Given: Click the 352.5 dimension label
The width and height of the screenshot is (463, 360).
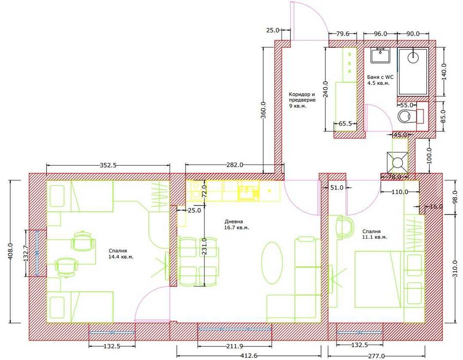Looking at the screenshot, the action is coord(108,165).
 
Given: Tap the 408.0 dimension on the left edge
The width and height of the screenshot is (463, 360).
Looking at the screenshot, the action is coord(10,251).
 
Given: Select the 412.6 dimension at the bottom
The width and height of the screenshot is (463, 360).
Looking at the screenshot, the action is coord(248,355).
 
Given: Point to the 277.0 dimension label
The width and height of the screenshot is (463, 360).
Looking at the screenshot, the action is coord(376,356).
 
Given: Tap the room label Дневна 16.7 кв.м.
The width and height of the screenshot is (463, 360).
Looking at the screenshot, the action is coord(236,225).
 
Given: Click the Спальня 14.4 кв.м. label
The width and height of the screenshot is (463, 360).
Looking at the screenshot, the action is coord(121,254).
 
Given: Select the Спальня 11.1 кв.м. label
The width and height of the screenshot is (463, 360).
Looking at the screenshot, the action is coord(375,234).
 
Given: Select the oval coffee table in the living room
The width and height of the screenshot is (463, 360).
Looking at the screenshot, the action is coord(272,263).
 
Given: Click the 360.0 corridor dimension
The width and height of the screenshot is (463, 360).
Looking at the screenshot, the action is coord(264,110).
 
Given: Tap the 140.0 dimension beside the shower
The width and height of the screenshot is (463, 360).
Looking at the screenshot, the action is coord(444,71).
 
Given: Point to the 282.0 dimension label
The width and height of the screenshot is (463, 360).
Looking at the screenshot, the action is coord(234,165).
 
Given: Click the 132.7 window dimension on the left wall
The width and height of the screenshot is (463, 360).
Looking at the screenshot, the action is coord(25,254).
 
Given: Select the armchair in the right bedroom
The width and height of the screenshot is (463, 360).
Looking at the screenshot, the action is coord(345,226).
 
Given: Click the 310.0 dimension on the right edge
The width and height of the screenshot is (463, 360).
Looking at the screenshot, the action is coord(455,268).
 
